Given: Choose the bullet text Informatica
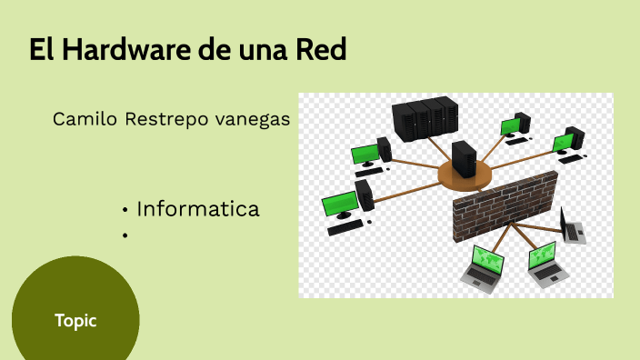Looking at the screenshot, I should pos(198,209).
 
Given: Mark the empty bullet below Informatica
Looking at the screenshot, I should pos(124,235).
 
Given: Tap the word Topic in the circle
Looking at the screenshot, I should pos(75,320).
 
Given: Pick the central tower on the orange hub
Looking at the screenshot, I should pos(464,158).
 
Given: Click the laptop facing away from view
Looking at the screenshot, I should pos(572,226).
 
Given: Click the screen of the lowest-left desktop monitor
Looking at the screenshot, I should pos(338,202).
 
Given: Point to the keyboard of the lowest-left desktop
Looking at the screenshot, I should pos(345,228).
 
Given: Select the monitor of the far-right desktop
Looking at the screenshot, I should pos(564,142).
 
